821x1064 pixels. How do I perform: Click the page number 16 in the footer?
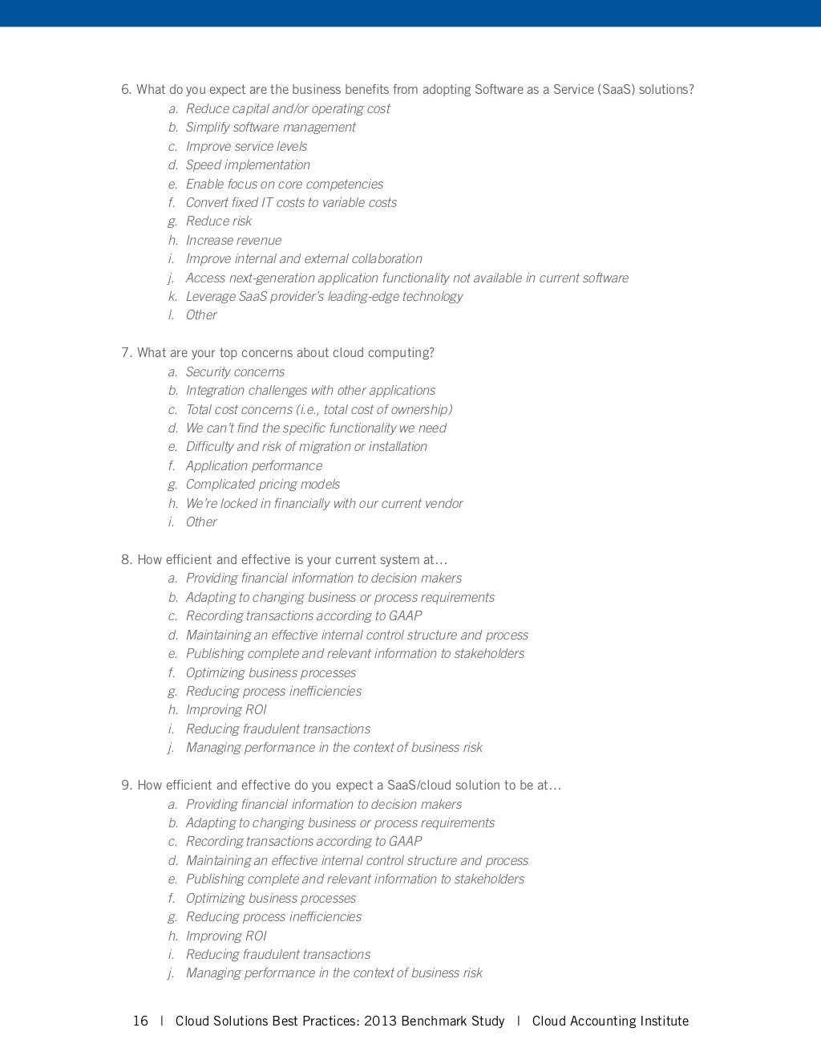pos(140,1021)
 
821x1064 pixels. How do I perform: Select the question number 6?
pos(126,89)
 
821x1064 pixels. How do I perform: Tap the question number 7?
pos(126,352)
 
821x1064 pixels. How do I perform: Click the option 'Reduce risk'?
pos(218,221)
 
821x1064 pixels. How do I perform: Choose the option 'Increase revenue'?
pos(233,240)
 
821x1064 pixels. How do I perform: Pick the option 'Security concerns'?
pos(235,372)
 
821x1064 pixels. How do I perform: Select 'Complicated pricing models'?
pos(262,484)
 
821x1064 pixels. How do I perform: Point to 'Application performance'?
pos(253,465)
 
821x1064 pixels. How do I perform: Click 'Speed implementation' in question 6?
pos(248,164)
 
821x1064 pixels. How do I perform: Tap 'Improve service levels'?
pos(246,146)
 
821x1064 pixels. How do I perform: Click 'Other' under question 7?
pos(201,522)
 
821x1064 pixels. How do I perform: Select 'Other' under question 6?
pos(201,315)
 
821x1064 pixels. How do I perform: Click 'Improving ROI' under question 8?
pos(226,709)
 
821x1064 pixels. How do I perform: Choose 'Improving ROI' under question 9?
pos(226,936)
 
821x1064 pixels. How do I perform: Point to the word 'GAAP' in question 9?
pos(405,841)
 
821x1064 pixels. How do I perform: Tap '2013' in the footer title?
pos(381,1021)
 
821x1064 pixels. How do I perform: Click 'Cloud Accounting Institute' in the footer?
pos(610,1021)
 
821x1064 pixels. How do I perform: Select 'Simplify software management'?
pos(270,127)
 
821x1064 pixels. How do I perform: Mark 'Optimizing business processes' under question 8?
pos(270,672)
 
